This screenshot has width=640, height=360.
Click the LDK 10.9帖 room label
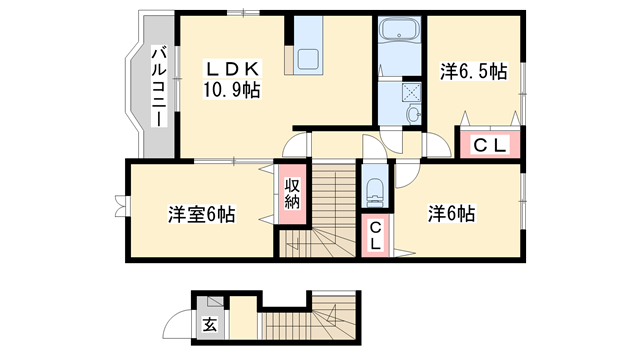(233, 80)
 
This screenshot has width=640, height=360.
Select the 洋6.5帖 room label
(474, 72)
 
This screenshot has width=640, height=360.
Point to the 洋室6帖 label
(201, 213)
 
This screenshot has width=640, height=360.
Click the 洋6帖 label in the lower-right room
(452, 213)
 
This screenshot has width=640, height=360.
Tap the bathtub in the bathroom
(401, 34)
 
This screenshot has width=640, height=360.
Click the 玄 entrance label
(210, 324)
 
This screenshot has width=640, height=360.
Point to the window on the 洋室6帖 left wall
(122, 204)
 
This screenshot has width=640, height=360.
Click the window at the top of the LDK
(236, 14)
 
